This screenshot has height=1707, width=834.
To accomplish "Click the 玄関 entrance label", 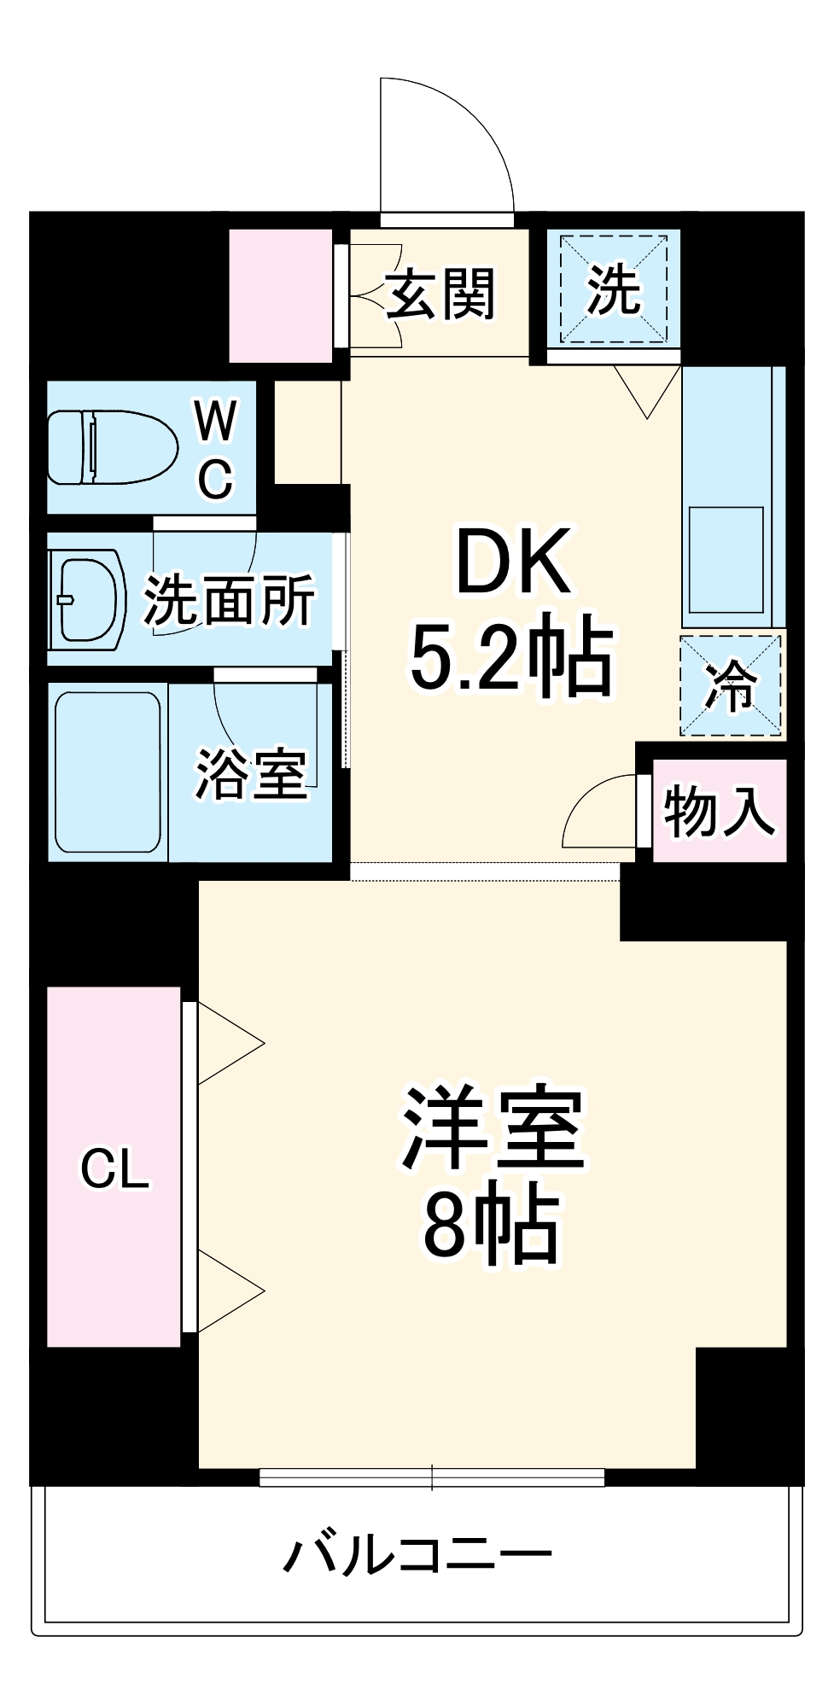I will (x=440, y=294).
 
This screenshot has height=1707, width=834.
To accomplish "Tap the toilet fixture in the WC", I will (x=111, y=447).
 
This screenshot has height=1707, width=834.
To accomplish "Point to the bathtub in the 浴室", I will (x=108, y=772).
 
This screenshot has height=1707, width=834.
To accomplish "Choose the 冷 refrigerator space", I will (x=731, y=685).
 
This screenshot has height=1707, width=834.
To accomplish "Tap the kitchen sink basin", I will (x=726, y=559).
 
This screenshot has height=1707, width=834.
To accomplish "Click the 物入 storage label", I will (x=719, y=811).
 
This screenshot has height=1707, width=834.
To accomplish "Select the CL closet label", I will (x=115, y=1168).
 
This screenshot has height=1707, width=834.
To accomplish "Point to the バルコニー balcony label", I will (x=418, y=1555).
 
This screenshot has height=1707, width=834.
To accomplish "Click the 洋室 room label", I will (x=493, y=1128).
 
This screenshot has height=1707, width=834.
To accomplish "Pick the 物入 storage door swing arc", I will (x=598, y=811).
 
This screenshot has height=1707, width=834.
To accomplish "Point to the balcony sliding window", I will (x=432, y=1477).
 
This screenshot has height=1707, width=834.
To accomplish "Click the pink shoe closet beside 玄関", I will (x=280, y=295).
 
